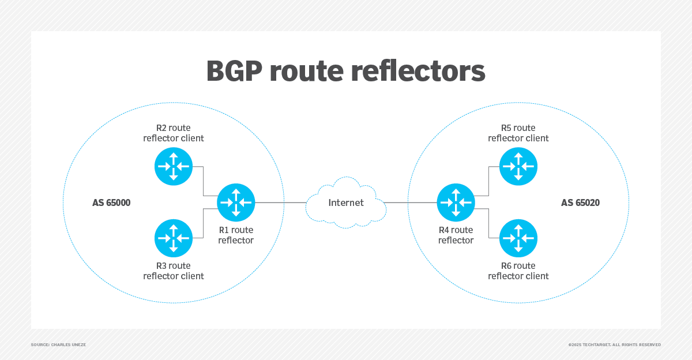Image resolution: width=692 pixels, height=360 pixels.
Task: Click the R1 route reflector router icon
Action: (x=236, y=202)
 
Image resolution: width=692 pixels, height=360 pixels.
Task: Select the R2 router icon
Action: (x=174, y=166)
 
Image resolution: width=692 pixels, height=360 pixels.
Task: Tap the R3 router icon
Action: (x=174, y=238)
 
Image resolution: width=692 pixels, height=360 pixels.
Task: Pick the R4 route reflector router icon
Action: (x=456, y=202)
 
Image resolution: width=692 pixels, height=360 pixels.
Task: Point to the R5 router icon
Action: (x=518, y=166)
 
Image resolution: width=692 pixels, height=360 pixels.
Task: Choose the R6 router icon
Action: (x=518, y=238)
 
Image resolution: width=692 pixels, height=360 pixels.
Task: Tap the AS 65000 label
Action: (x=111, y=202)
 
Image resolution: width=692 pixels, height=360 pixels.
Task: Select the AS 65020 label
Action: (x=580, y=202)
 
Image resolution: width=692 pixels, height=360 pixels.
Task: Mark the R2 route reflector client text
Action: (x=174, y=133)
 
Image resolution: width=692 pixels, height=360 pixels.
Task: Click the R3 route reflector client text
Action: (x=174, y=271)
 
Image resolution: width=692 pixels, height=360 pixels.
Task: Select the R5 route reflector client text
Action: (x=518, y=133)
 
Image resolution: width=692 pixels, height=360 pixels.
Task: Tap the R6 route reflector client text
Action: (x=518, y=271)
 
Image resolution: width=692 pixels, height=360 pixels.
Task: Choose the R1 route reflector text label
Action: (x=236, y=235)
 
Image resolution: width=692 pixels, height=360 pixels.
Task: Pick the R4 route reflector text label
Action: (x=456, y=235)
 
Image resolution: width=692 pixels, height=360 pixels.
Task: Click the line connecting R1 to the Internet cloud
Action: (x=281, y=202)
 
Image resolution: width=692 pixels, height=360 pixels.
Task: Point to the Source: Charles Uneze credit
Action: (x=58, y=344)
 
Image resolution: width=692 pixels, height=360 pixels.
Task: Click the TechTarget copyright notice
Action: (x=614, y=344)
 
